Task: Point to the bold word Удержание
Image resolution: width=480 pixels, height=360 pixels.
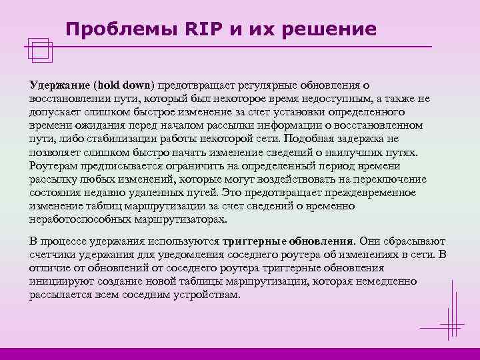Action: click(59, 85)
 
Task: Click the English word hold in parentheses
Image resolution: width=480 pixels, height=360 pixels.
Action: click(107, 85)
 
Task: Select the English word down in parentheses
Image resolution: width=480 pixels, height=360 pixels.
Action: click(137, 85)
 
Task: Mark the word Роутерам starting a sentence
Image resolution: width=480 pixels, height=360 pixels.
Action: click(53, 166)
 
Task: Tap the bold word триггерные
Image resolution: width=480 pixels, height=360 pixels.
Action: click(255, 241)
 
